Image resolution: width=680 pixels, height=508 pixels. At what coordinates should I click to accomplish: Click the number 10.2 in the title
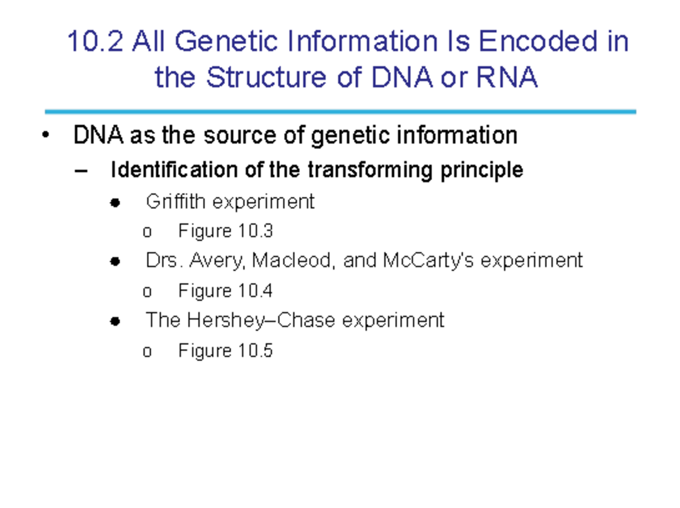click(95, 43)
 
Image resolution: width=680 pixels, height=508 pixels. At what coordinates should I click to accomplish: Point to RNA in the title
click(507, 78)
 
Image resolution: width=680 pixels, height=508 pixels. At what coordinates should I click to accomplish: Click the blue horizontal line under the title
click(340, 112)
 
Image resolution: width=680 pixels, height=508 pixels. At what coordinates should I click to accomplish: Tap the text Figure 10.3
click(226, 231)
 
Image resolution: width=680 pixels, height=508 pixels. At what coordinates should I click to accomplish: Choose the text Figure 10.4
click(226, 291)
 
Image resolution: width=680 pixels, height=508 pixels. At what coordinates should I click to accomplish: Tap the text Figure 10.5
click(226, 351)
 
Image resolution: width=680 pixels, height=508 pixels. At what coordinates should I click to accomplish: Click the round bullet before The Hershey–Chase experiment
click(115, 321)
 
